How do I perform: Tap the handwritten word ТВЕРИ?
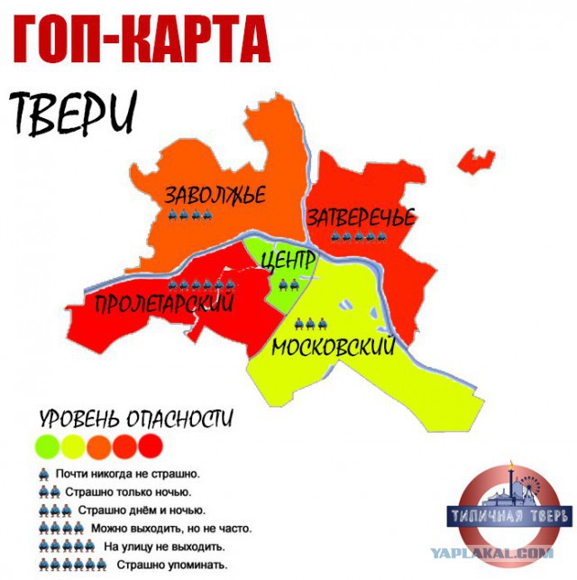click(x=76, y=110)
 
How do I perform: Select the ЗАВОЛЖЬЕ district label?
click(x=214, y=195)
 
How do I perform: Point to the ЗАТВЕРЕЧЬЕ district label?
click(x=361, y=217)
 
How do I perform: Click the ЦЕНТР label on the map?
click(x=288, y=261)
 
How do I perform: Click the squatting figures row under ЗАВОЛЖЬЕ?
click(x=190, y=216)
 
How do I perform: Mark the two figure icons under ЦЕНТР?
click(x=288, y=285)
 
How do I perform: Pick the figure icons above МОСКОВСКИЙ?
click(x=309, y=323)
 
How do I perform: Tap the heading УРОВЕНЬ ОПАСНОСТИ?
click(x=136, y=419)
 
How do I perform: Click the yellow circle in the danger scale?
click(x=71, y=444)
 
